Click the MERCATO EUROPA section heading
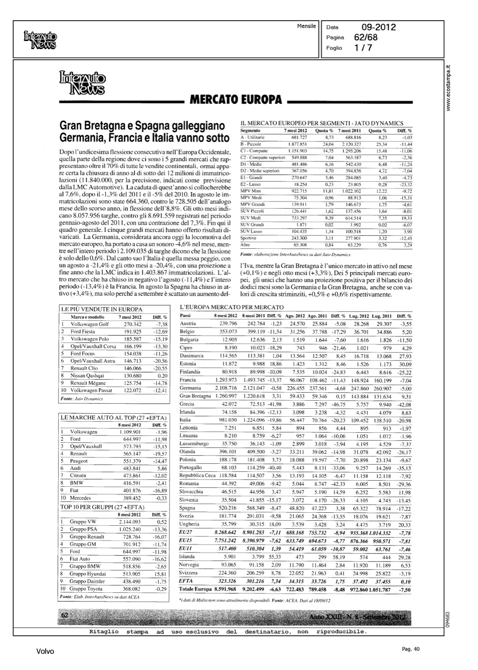[236, 99]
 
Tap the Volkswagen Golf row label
[89, 324]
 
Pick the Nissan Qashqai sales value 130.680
[132, 376]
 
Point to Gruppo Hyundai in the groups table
[88, 574]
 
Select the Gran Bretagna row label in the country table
[195, 396]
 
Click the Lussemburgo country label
[194, 444]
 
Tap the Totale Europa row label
[195, 589]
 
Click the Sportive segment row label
[248, 238]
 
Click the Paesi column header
[185, 316]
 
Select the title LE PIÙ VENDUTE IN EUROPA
[102, 309]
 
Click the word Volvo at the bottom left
[45, 652]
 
